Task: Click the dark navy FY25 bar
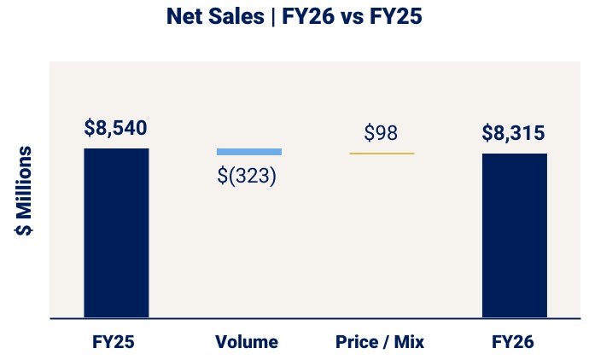(116, 232)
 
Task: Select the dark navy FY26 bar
(514, 235)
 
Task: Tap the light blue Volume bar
(248, 151)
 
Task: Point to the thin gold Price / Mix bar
(382, 154)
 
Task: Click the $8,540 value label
(116, 128)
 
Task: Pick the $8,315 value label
(514, 133)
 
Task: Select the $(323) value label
(248, 176)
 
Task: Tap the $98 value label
(381, 133)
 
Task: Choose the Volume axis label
(247, 342)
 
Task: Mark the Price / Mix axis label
(380, 342)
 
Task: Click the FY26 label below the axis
(513, 342)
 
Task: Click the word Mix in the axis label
(407, 342)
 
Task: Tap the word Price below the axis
(358, 342)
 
